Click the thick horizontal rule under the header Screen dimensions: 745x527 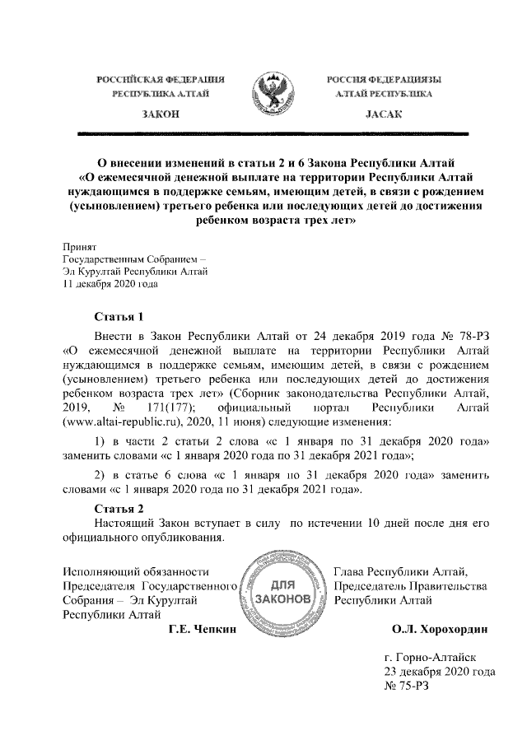pos(272,133)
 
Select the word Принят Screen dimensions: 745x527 pos(80,246)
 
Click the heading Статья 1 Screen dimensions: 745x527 pos(120,317)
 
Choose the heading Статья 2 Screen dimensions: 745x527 pos(120,507)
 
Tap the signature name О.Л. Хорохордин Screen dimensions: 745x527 pos(440,630)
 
